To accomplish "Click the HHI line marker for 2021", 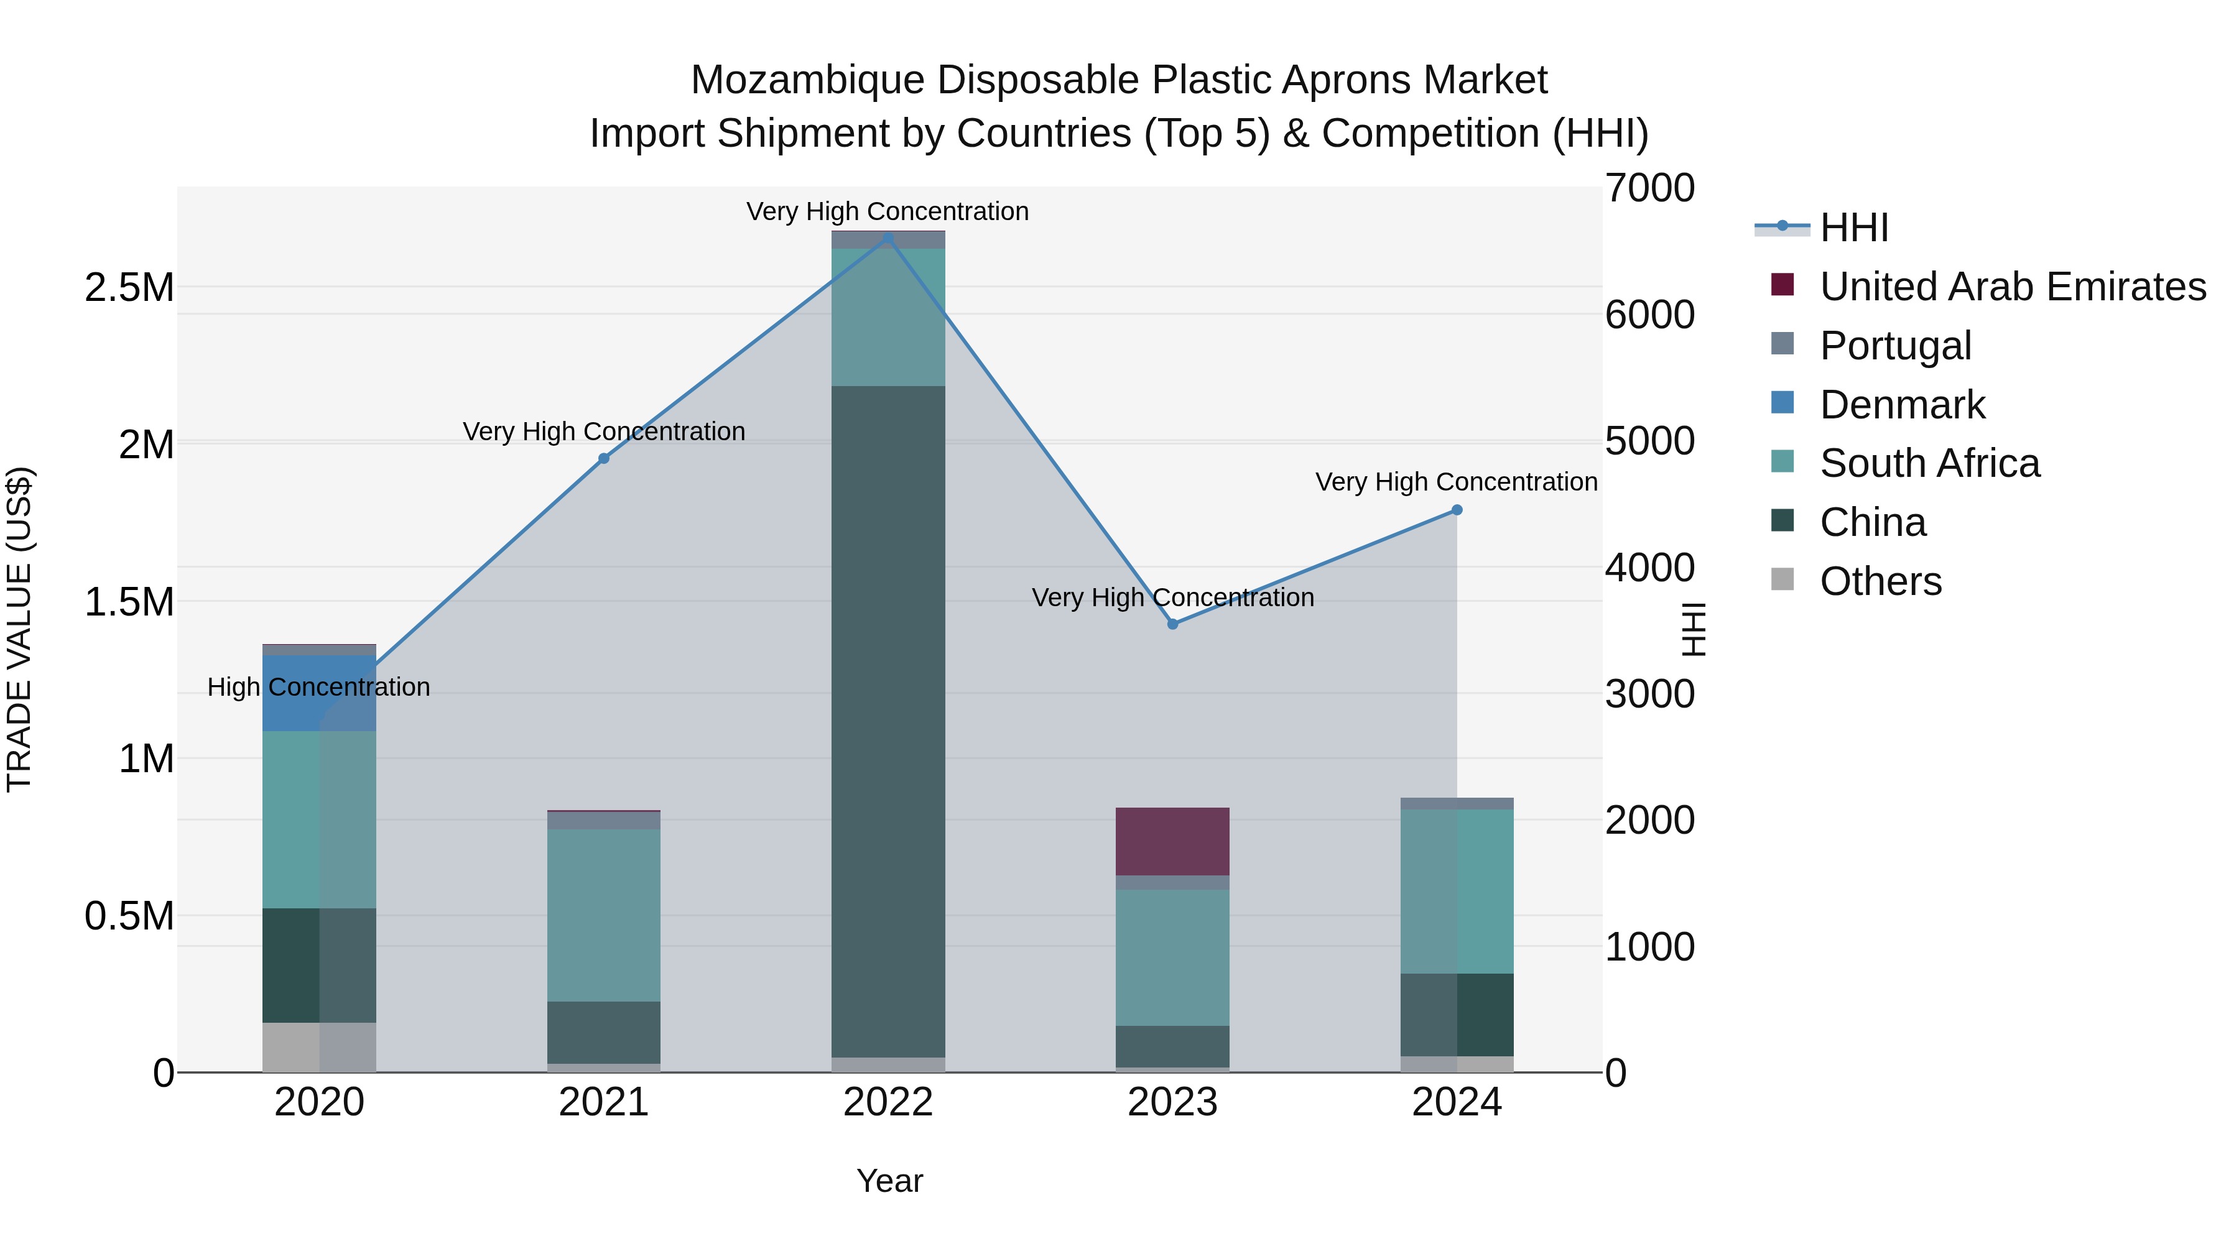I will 604,458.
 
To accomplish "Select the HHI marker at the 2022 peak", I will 888,238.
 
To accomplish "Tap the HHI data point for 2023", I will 1172,624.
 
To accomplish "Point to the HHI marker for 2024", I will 1457,510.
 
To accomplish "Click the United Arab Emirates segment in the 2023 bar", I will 1172,841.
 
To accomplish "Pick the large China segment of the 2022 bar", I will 888,721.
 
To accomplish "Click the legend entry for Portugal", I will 1895,346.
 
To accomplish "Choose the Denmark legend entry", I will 1902,405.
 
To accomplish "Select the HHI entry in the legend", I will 1853,228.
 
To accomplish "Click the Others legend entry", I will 1880,581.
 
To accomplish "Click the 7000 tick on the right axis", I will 1649,188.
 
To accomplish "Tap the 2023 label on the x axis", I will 1172,1102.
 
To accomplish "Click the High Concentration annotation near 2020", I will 318,687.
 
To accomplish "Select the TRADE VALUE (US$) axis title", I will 19,629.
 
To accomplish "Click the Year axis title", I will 889,1181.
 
